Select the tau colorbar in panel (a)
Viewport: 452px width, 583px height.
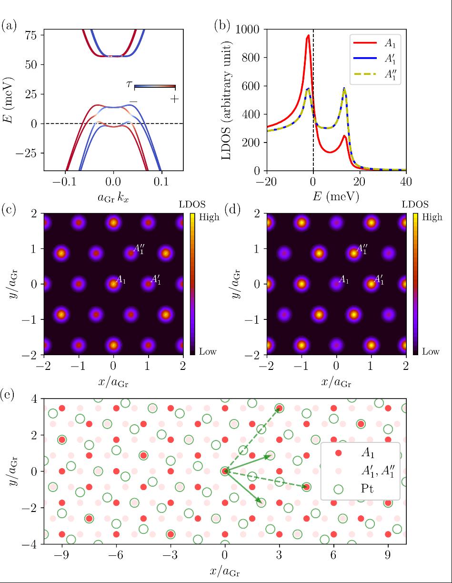155,86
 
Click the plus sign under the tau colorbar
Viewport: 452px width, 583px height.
175,99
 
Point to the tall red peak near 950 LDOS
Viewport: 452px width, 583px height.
308,36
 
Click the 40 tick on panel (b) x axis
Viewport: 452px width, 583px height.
406,183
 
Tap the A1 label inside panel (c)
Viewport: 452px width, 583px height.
121,280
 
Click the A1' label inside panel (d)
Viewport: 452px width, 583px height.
379,280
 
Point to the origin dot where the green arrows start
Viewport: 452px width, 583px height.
225,471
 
